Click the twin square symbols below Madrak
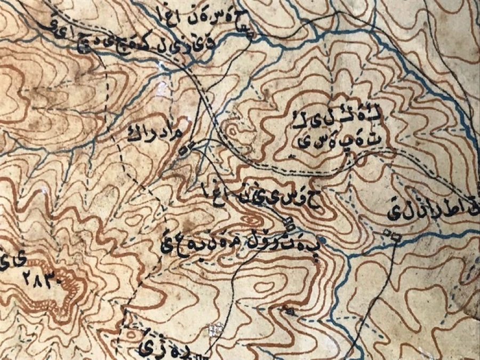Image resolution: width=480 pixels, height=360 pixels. coord(187,149)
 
